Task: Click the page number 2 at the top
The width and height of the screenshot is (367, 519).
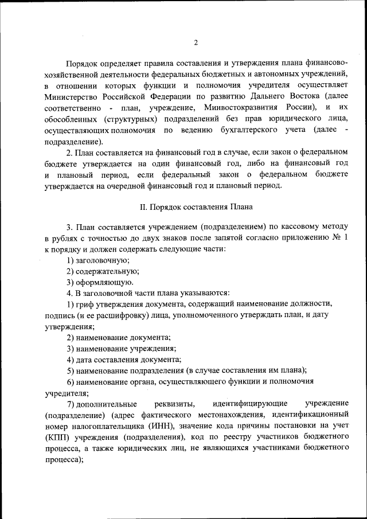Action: click(x=196, y=42)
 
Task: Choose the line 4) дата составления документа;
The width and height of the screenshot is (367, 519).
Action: click(x=123, y=360)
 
